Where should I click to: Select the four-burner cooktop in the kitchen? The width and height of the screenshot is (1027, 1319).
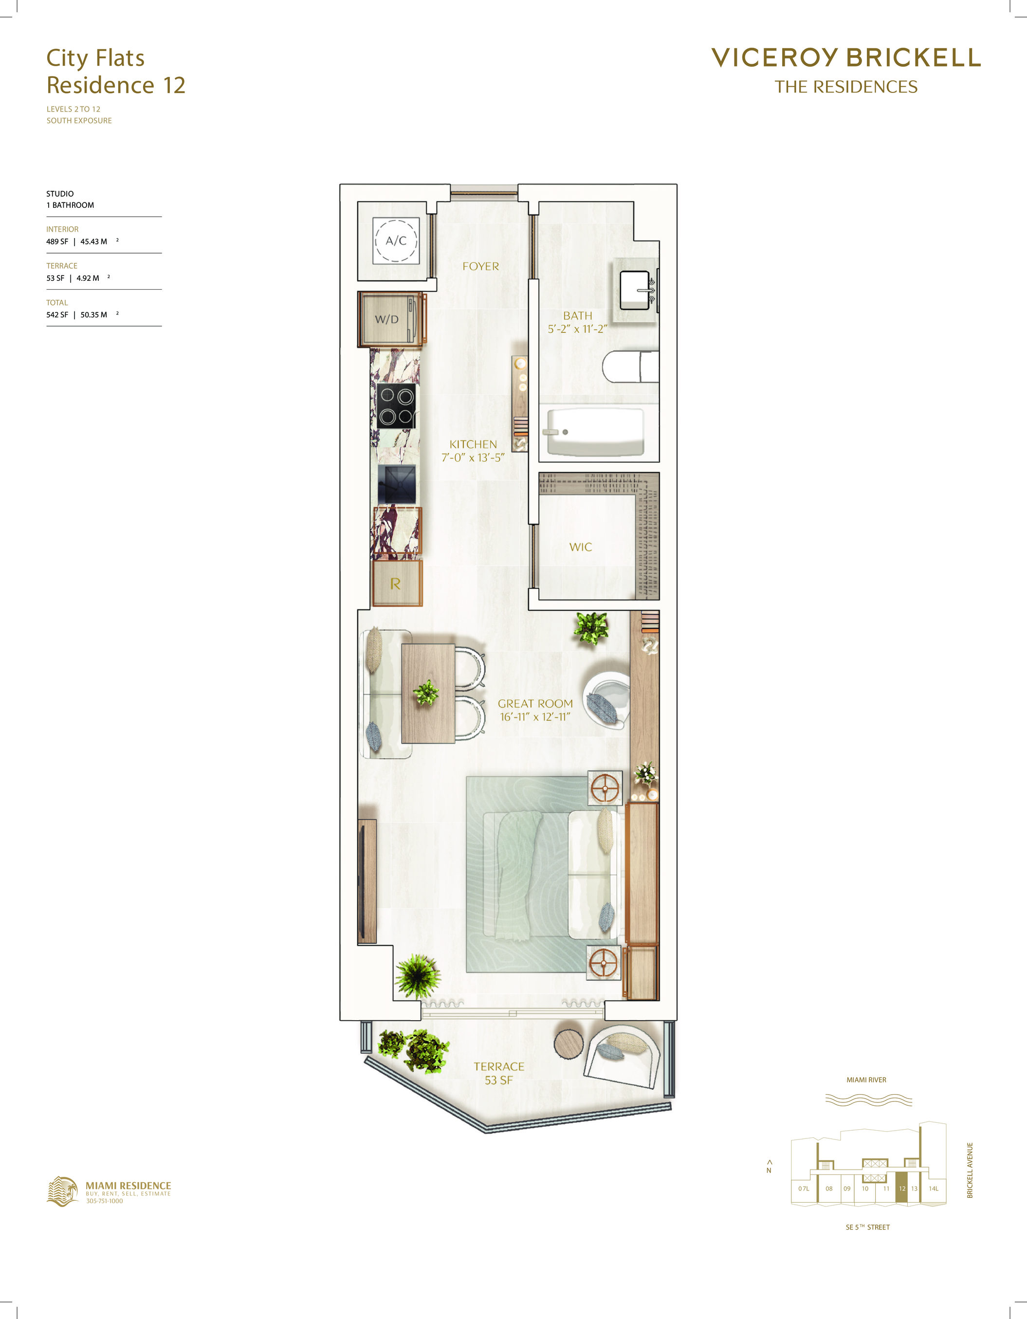pyautogui.click(x=396, y=406)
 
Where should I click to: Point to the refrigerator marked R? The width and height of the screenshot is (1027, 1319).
pyautogui.click(x=396, y=584)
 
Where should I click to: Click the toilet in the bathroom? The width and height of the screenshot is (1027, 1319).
pyautogui.click(x=630, y=366)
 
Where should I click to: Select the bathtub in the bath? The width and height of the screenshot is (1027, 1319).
pyautogui.click(x=596, y=432)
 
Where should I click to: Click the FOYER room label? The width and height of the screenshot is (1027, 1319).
pyautogui.click(x=481, y=266)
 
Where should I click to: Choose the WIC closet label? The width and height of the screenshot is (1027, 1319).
pyautogui.click(x=581, y=547)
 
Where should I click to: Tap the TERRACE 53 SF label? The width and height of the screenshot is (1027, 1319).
pyautogui.click(x=499, y=1073)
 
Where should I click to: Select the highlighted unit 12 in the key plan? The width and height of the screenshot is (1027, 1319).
pyautogui.click(x=902, y=1188)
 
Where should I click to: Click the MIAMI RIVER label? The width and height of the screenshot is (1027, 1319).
pyautogui.click(x=866, y=1080)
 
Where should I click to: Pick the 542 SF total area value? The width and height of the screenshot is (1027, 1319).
pyautogui.click(x=57, y=314)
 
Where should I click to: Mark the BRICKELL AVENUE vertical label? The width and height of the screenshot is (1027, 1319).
pyautogui.click(x=970, y=1170)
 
